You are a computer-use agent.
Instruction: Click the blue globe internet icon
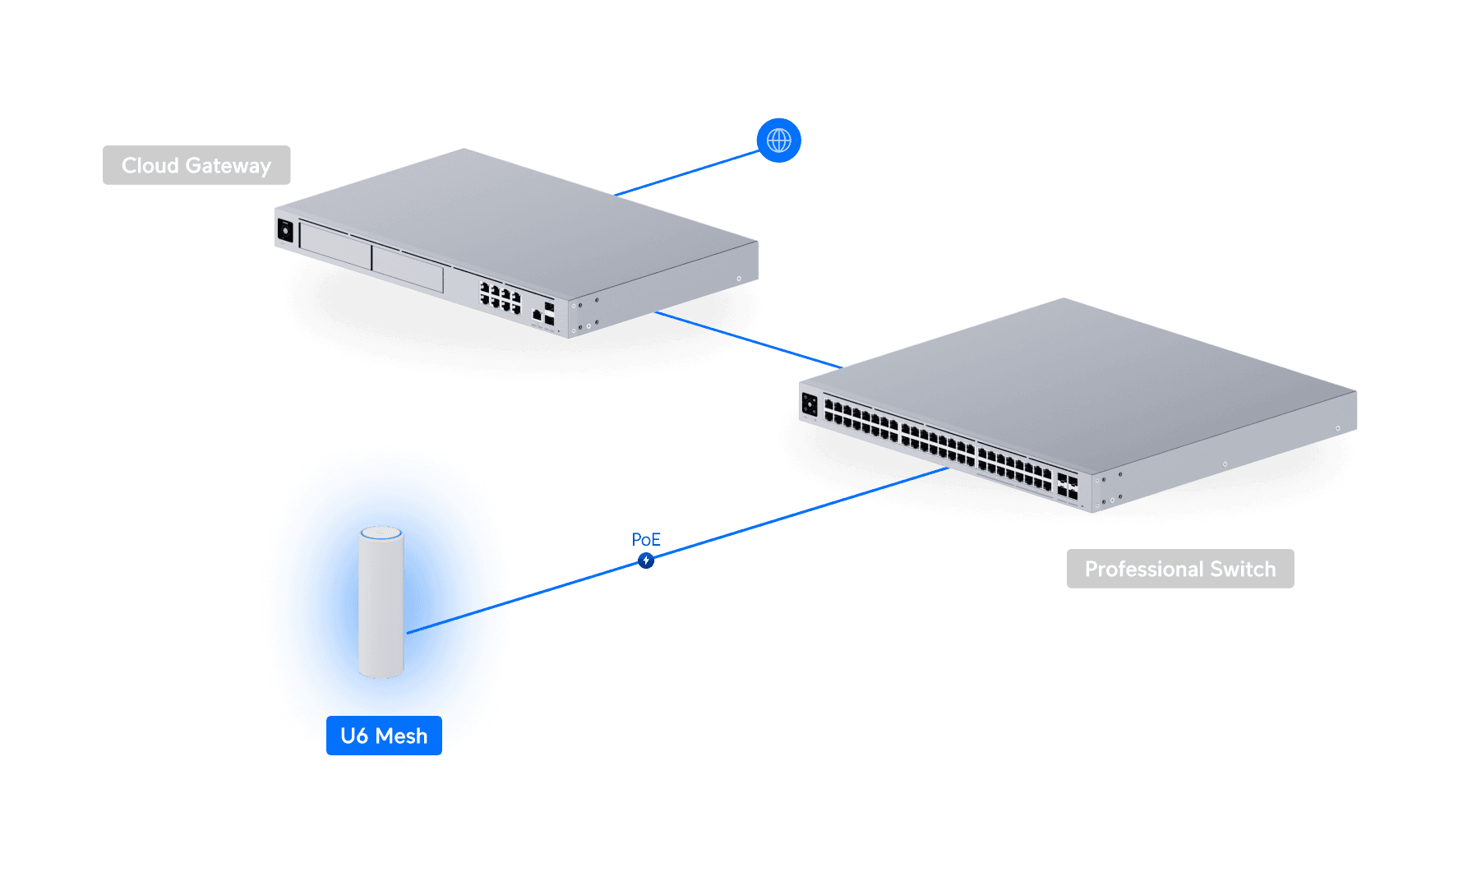(x=778, y=141)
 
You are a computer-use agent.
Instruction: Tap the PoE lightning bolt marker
(x=646, y=561)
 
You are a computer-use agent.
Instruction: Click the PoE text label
(x=646, y=539)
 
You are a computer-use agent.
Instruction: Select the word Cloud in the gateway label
(x=150, y=165)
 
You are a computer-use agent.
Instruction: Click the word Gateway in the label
(x=228, y=166)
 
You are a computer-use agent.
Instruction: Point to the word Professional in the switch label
(x=1144, y=569)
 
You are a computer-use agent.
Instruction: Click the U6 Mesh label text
(x=384, y=736)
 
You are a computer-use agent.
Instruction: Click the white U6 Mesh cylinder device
(x=381, y=608)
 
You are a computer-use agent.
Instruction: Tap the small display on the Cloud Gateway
(x=285, y=230)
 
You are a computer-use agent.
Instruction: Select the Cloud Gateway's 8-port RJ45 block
(x=501, y=298)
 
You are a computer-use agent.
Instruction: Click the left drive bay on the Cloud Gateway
(x=335, y=245)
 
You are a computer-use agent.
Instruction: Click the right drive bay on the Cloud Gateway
(x=408, y=269)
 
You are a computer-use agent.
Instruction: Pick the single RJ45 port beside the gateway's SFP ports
(x=537, y=315)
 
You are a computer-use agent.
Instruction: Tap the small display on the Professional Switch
(x=810, y=404)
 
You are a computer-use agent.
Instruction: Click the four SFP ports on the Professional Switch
(x=1067, y=486)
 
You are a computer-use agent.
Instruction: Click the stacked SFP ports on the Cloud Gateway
(x=549, y=313)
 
